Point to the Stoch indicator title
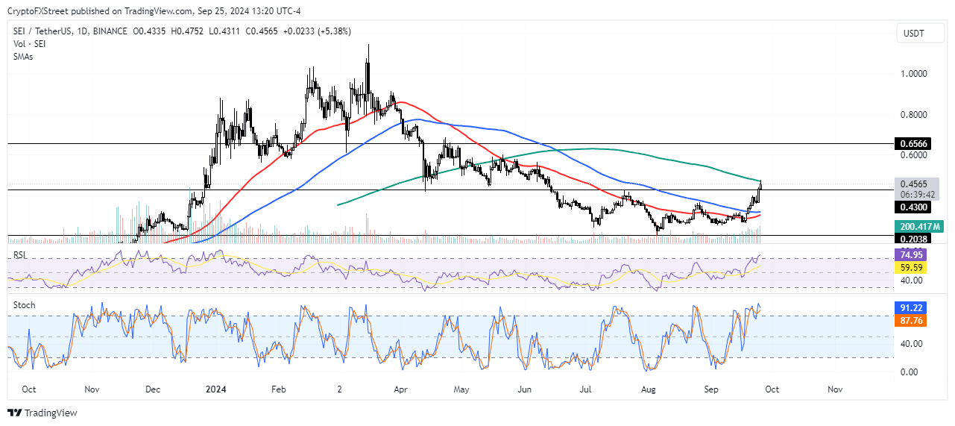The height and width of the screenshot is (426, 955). pyautogui.click(x=25, y=305)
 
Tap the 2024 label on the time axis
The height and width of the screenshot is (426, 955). pyautogui.click(x=215, y=389)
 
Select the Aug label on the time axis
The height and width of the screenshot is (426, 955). pyautogui.click(x=648, y=389)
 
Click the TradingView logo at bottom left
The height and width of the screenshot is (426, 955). pyautogui.click(x=42, y=413)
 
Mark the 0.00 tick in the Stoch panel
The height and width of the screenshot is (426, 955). pyautogui.click(x=907, y=372)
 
